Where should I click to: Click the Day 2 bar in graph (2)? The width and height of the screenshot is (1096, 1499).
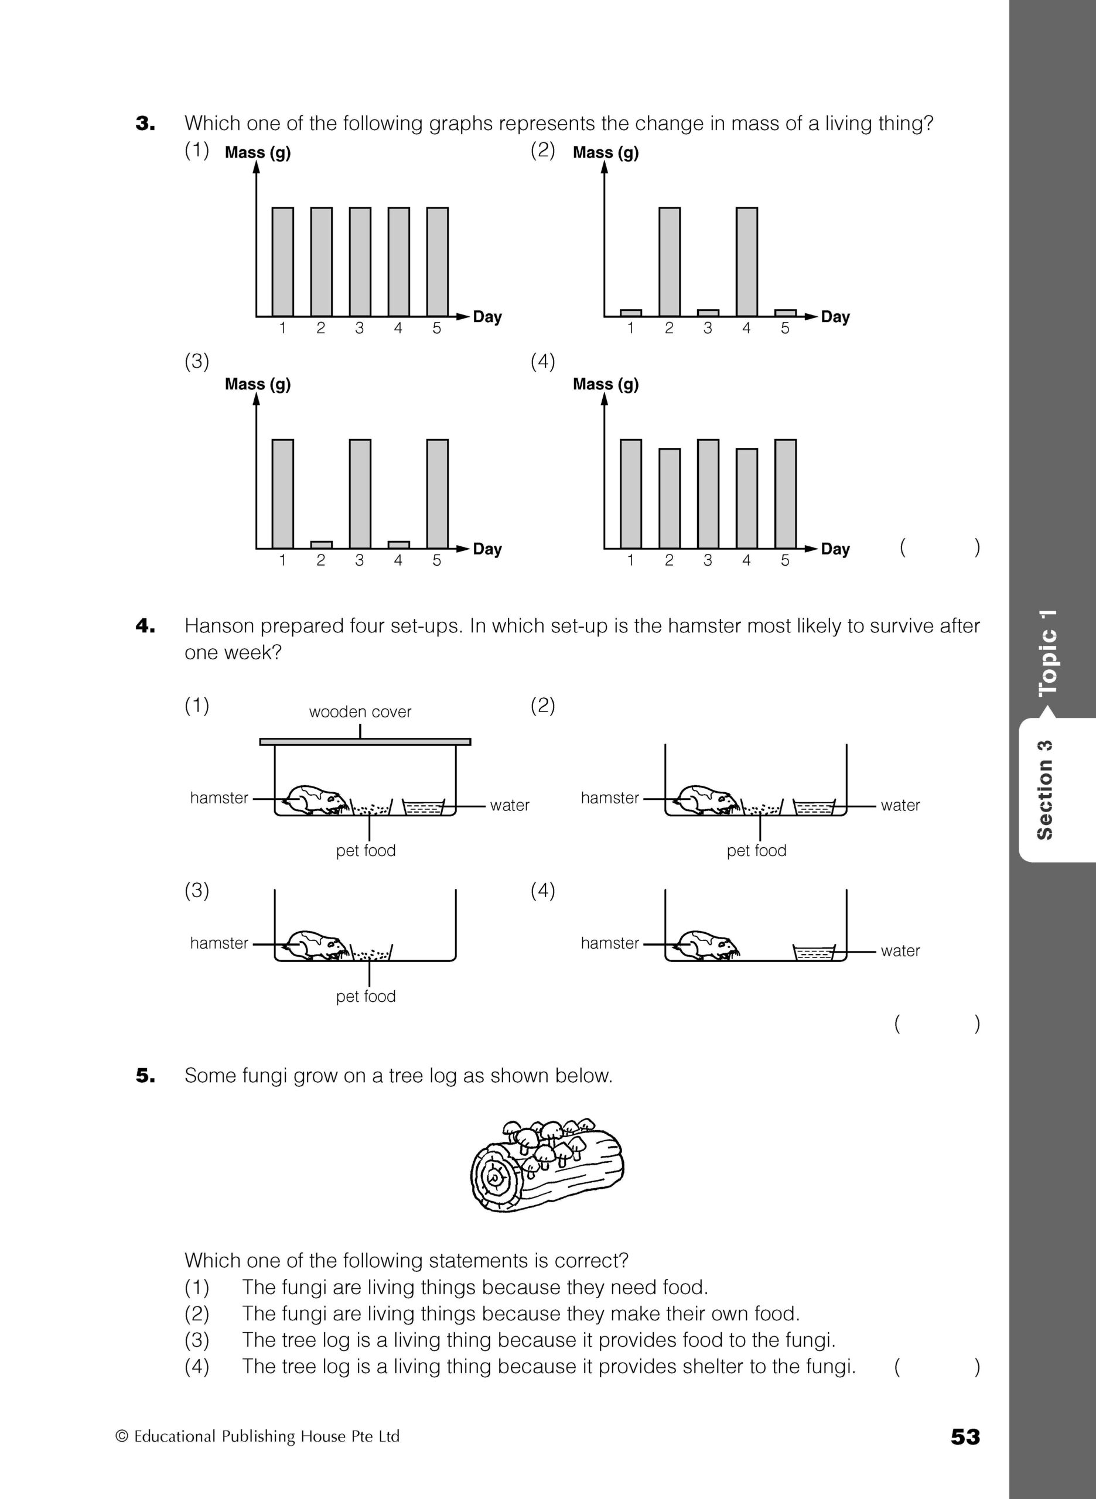(669, 262)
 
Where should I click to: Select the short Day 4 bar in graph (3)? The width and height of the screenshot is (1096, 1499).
(398, 545)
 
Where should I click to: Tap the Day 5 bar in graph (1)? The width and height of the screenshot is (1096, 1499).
(437, 262)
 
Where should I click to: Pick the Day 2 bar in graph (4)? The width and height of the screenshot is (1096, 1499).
(669, 498)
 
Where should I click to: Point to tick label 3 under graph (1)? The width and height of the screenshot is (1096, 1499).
(360, 328)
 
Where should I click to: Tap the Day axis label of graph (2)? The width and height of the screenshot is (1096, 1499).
(835, 317)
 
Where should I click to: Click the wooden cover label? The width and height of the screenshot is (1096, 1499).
(360, 712)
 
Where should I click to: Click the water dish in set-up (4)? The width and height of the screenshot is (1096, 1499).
(814, 953)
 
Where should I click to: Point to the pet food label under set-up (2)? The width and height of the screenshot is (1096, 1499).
(756, 851)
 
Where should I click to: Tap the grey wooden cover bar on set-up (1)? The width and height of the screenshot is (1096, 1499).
(365, 742)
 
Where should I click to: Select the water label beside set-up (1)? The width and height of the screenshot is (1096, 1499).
(510, 806)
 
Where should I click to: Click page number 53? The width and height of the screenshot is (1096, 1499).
(965, 1437)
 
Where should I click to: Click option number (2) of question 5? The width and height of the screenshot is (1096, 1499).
(197, 1313)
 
